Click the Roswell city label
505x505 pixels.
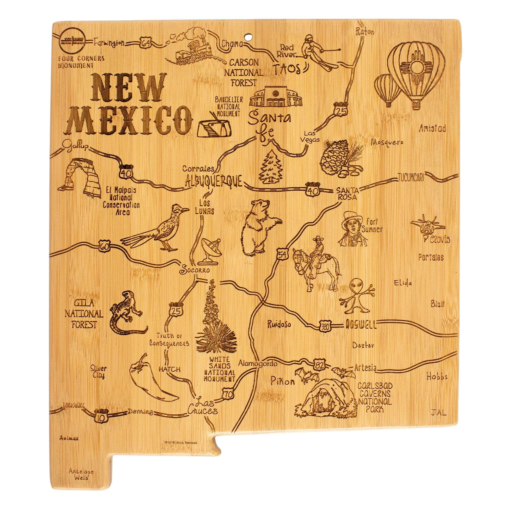pos(361,325)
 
